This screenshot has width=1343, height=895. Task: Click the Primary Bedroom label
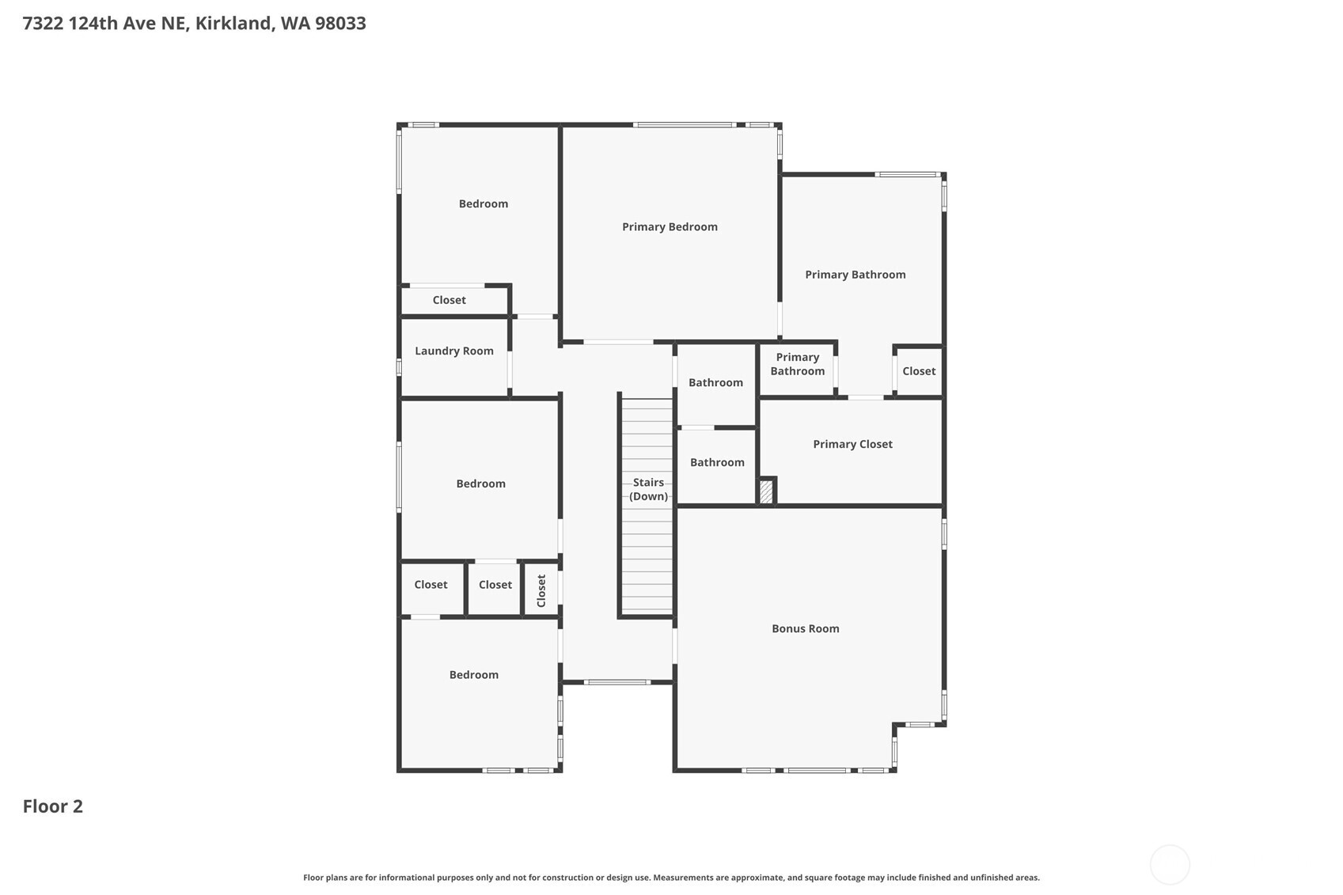coord(670,227)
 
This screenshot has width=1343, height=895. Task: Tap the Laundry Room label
coord(454,351)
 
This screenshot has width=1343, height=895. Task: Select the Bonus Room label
coord(805,629)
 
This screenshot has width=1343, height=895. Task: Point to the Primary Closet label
coord(852,445)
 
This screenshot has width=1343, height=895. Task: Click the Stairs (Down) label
coord(648,490)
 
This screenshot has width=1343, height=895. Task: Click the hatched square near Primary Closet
coord(766,492)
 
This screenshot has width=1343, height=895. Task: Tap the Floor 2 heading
coord(53,806)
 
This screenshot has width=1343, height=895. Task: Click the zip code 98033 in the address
coord(340,23)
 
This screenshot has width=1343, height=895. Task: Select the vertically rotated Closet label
coord(541,590)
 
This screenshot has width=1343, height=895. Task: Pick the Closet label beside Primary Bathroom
coord(919,371)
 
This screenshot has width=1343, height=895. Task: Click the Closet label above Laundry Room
coord(449,301)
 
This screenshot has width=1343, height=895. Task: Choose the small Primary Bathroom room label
coord(797,365)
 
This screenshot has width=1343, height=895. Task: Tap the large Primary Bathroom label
coord(855,275)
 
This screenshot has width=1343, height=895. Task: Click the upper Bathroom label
coord(715,383)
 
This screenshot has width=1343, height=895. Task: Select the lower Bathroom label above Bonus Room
coord(717,463)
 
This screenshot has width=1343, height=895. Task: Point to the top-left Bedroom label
coord(484,204)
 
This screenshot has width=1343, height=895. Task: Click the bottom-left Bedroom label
coord(474,675)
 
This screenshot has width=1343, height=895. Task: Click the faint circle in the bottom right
coord(1169,865)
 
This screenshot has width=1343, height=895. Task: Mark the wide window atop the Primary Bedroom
coord(684,124)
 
